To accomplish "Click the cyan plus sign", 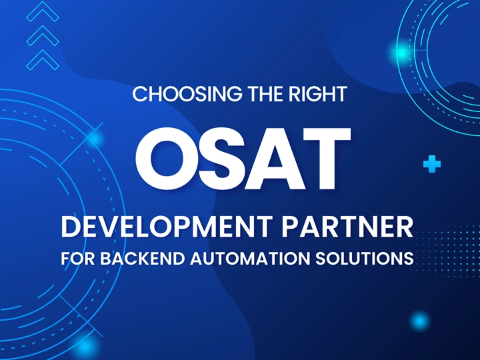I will pos(432,164).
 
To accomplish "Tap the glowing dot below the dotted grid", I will pos(419,321).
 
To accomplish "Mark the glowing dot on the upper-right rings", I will pos(401,51).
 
